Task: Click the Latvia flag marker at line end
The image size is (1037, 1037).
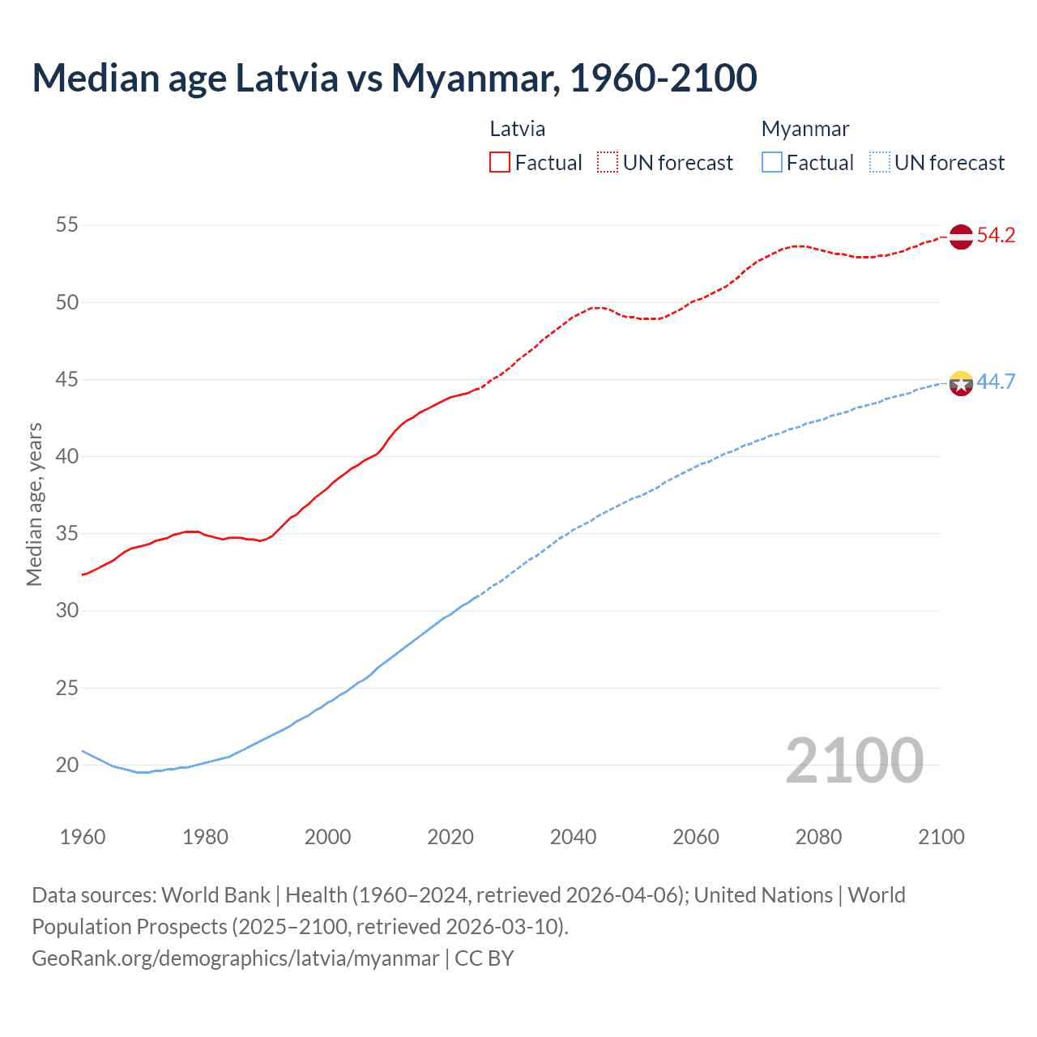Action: [961, 237]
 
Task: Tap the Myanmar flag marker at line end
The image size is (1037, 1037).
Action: [961, 382]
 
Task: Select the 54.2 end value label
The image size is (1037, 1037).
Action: [996, 236]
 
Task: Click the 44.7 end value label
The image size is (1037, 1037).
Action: [996, 382]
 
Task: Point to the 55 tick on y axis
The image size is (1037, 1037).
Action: [67, 225]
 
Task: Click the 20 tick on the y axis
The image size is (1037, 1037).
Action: [67, 765]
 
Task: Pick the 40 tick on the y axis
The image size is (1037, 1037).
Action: [67, 456]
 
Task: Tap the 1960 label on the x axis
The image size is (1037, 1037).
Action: [83, 837]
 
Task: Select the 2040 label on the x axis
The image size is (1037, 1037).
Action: [573, 837]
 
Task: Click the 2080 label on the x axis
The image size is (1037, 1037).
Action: [818, 837]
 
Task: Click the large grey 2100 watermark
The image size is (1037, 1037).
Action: [854, 760]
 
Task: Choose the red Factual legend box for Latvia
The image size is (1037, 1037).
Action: [500, 162]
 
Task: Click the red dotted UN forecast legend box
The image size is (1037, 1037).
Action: [608, 162]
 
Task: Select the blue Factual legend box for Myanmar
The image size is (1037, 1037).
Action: [772, 162]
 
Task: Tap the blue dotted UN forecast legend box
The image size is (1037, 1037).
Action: [880, 162]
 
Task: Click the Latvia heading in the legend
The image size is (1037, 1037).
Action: [518, 129]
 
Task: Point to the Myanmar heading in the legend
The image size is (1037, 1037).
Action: [805, 129]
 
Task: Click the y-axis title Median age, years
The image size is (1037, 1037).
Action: [34, 504]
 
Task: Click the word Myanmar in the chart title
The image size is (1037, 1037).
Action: [475, 78]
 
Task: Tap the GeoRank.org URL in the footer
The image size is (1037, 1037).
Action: [235, 958]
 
